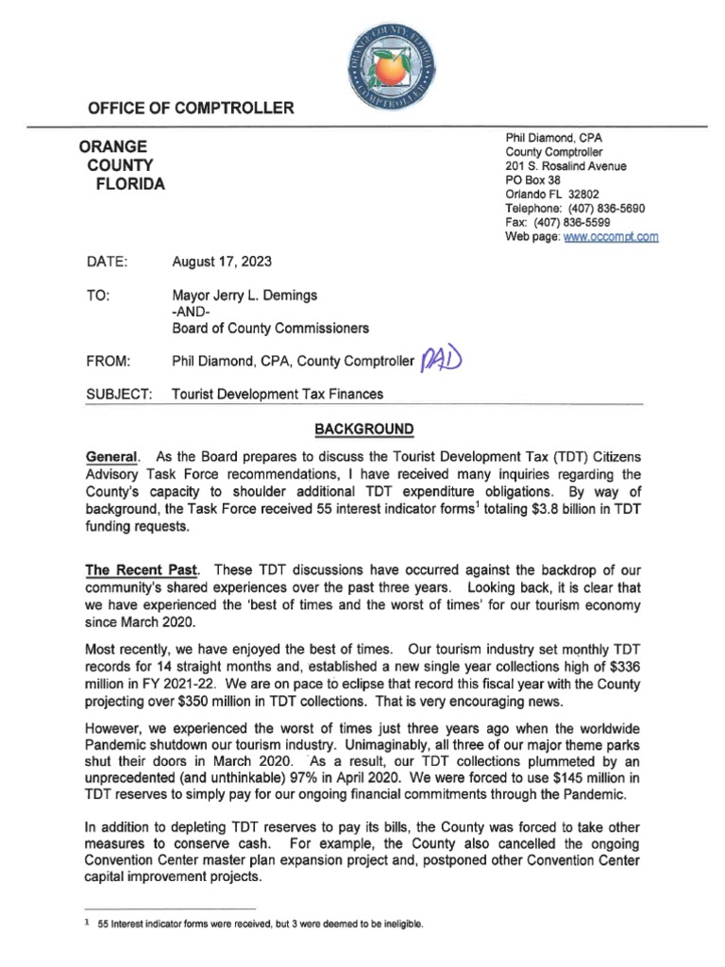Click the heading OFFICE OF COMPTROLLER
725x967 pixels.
point(191,109)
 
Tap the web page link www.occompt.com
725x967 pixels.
point(610,237)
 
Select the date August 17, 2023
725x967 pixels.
point(221,262)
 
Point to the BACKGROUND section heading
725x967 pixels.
point(363,430)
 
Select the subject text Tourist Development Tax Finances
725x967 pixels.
point(278,394)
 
